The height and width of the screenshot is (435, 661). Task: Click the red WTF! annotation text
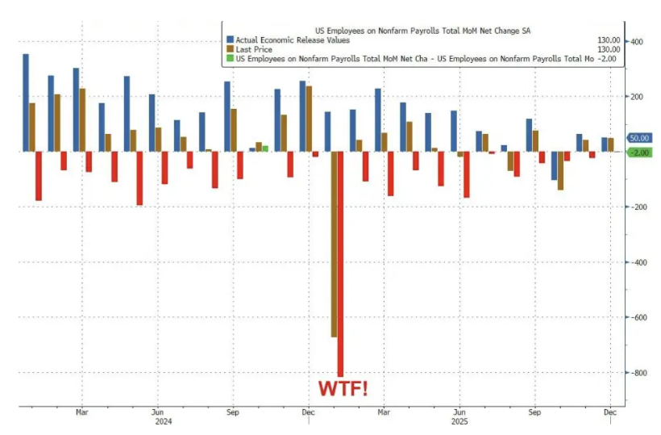[344, 389]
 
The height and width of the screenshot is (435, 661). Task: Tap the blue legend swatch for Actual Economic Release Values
[231, 40]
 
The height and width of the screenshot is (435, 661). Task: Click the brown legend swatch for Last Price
[231, 49]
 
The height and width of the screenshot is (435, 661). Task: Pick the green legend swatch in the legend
[231, 59]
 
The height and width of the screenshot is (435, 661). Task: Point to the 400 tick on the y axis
[637, 42]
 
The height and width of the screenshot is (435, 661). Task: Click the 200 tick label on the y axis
[637, 97]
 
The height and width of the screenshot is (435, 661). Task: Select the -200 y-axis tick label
[638, 207]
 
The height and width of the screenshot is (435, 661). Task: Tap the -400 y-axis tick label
[638, 262]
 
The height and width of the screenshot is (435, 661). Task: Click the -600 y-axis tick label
[638, 317]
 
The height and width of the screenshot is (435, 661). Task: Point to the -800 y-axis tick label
[638, 373]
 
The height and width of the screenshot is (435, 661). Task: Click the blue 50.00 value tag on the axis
[639, 139]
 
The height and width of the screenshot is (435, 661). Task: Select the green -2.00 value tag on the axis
[639, 153]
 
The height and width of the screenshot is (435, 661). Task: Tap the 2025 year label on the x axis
[459, 421]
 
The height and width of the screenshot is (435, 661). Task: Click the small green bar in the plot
[265, 148]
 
